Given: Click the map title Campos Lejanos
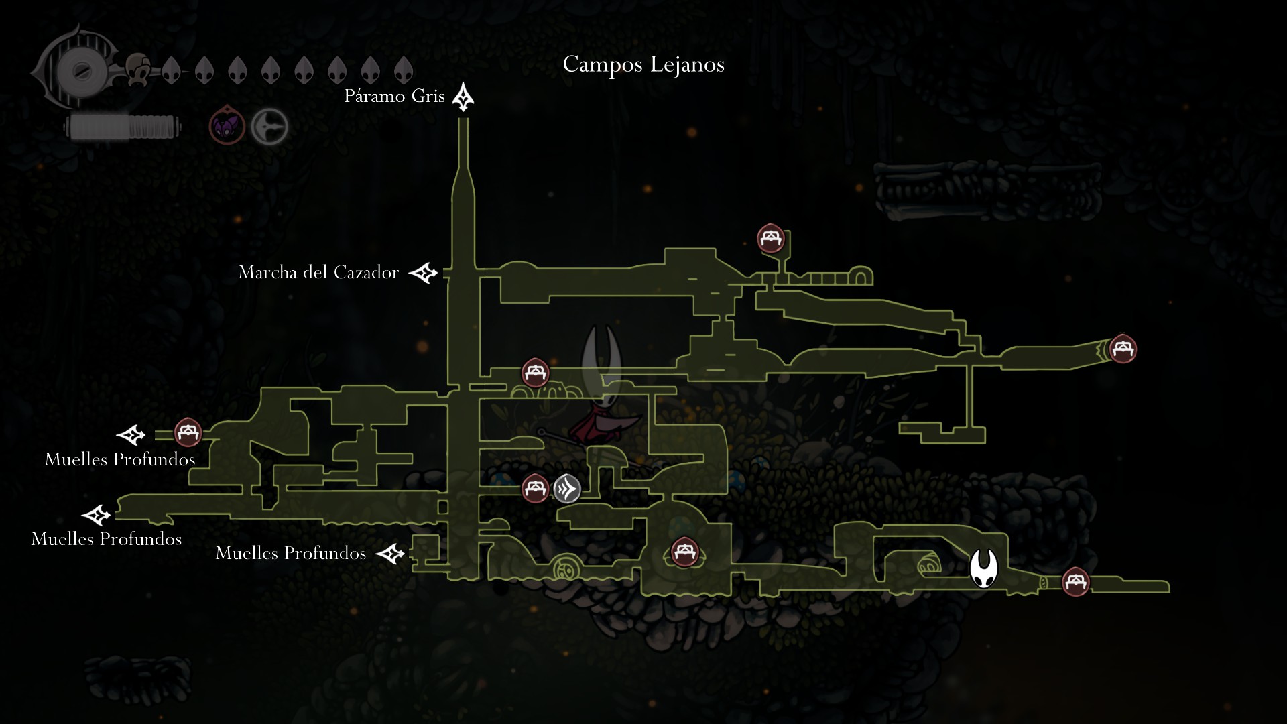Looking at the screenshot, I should click(x=643, y=64).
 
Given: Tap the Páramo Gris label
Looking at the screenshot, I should click(x=394, y=97).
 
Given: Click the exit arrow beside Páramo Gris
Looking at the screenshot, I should click(x=463, y=97).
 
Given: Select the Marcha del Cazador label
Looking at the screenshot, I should click(x=318, y=272).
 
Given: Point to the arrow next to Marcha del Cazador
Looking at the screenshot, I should click(x=424, y=273).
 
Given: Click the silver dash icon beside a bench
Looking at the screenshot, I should click(x=567, y=489).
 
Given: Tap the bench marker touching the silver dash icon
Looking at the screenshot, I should click(x=535, y=488).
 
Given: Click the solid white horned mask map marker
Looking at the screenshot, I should click(x=983, y=568).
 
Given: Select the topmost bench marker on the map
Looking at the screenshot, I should click(x=771, y=238).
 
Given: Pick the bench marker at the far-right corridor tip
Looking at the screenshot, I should click(x=1123, y=349).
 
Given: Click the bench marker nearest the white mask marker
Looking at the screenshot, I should click(x=1076, y=581).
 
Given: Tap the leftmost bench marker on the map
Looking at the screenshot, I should click(x=188, y=432).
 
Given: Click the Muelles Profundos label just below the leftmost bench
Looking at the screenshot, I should click(x=120, y=459).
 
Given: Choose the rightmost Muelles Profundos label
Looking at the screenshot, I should click(x=290, y=553).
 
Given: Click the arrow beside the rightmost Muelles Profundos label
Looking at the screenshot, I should click(x=390, y=554).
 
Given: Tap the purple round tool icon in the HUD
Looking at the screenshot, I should click(x=227, y=126).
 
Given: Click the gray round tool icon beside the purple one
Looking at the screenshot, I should click(x=269, y=126).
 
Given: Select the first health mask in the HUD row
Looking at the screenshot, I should click(x=171, y=69).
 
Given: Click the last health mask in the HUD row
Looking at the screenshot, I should click(x=403, y=69).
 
